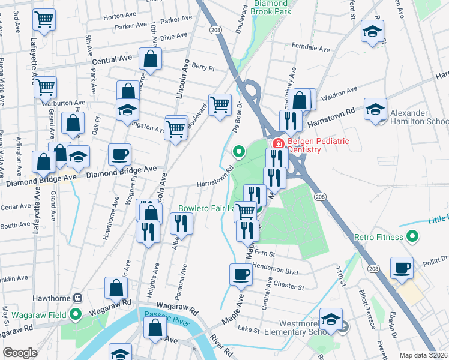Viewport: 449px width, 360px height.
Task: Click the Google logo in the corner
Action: [x=20, y=353]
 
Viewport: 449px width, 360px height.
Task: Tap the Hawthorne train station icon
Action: [x=77, y=298]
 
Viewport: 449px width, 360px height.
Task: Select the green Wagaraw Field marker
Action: [x=76, y=313]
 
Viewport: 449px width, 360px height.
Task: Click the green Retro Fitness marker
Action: [x=412, y=237]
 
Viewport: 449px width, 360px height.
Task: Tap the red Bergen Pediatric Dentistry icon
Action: [x=278, y=143]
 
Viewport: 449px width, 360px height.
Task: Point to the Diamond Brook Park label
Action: [x=270, y=7]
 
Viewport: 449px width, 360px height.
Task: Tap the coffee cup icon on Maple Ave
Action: [x=241, y=275]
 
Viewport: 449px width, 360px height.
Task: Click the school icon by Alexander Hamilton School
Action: [x=375, y=110]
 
